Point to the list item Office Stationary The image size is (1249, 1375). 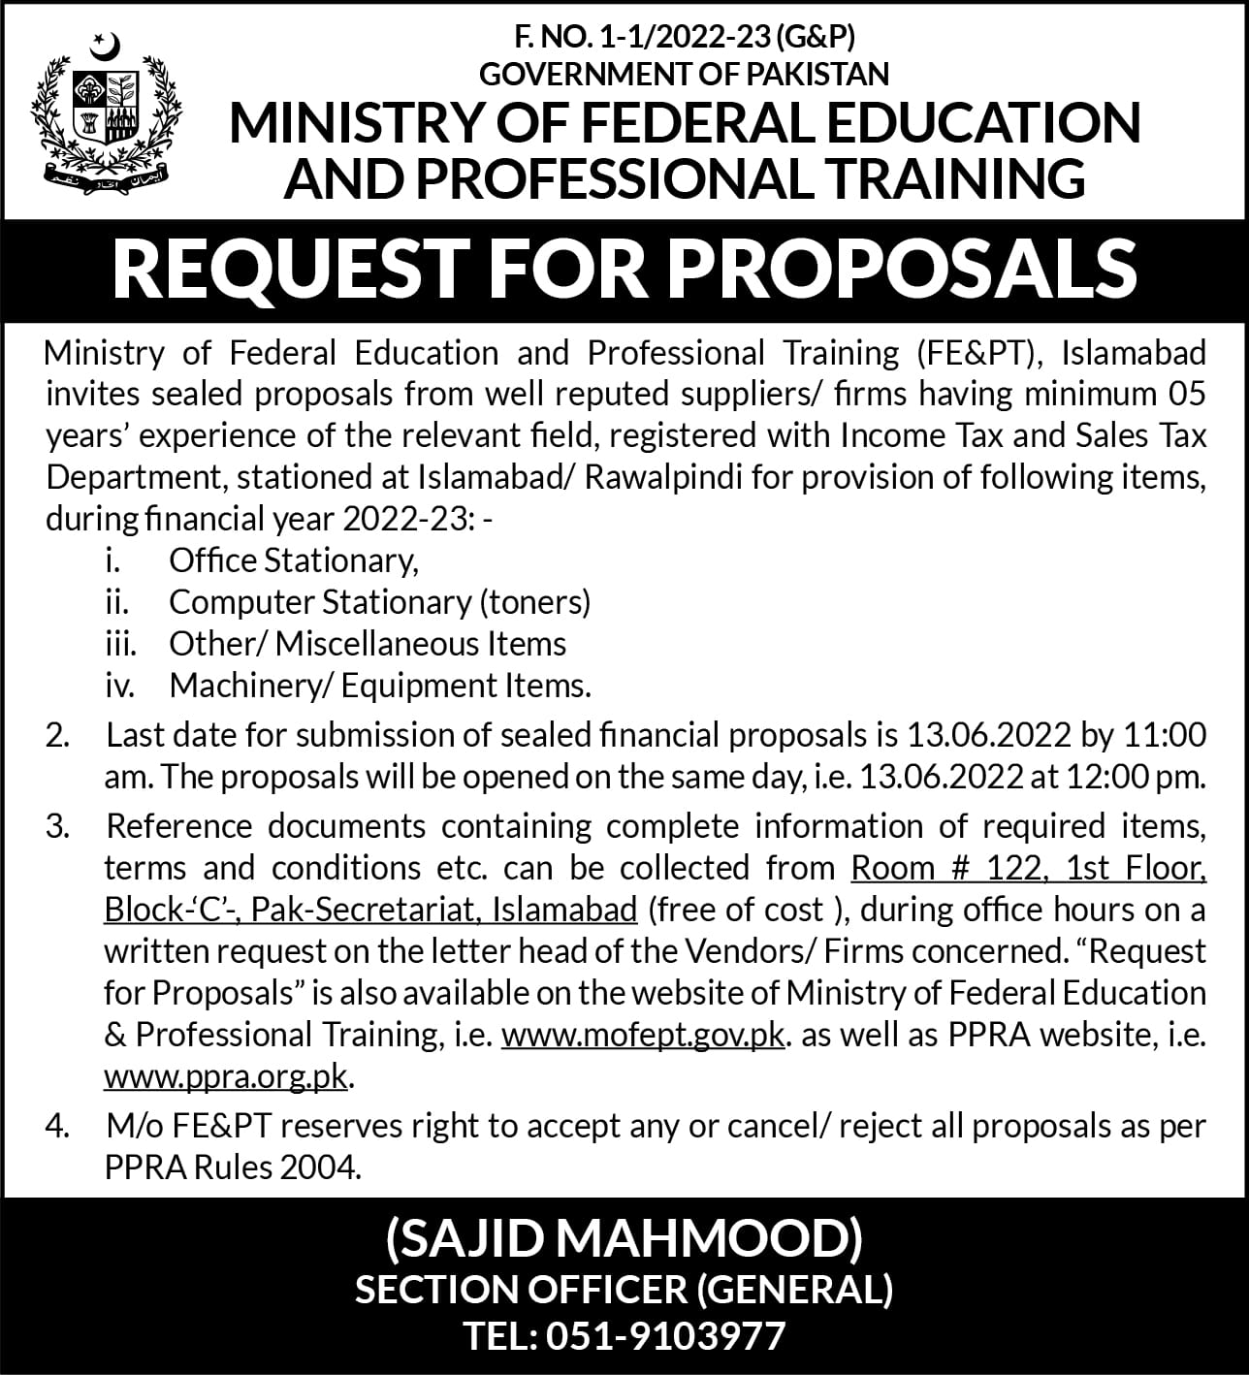pos(293,560)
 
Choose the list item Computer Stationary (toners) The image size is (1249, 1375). pos(379,602)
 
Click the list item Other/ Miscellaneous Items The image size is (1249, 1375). pos(368,644)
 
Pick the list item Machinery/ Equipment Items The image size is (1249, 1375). pos(380,686)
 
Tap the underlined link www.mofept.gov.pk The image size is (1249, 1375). pos(643,1035)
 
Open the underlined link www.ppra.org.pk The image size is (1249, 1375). pos(225,1076)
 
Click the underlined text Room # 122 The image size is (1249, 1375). pos(947,868)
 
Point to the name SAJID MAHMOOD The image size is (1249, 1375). pos(624,1238)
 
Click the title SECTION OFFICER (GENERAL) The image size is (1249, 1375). pos(624,1289)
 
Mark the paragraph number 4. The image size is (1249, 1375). pos(57,1126)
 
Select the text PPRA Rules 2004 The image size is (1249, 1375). pos(233,1167)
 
